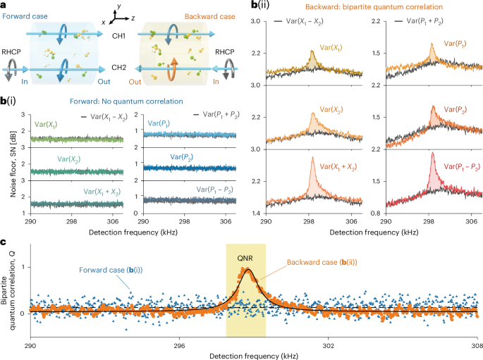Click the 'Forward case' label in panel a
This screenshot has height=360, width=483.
click(25, 16)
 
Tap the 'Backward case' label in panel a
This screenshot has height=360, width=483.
click(210, 17)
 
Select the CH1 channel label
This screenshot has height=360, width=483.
click(118, 36)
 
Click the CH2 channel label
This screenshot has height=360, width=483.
click(119, 68)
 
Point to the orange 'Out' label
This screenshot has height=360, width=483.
click(135, 82)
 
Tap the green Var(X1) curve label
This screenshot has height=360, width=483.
click(46, 125)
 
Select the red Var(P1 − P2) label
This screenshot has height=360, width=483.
click(462, 167)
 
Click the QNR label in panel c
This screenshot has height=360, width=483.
click(245, 258)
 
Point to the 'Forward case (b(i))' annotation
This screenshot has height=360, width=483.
click(111, 270)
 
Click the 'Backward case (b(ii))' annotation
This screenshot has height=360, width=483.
click(322, 263)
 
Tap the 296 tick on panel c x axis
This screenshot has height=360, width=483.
click(179, 345)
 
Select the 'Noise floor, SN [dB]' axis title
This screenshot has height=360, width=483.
click(13, 164)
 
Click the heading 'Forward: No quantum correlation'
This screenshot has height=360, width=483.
click(126, 101)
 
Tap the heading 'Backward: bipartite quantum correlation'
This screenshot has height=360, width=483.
click(374, 7)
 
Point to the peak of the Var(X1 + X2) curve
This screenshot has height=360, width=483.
click(312, 157)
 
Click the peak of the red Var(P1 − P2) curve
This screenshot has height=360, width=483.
click(432, 152)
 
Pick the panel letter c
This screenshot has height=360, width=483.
click(3, 242)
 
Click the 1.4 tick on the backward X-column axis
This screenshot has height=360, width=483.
click(256, 213)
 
